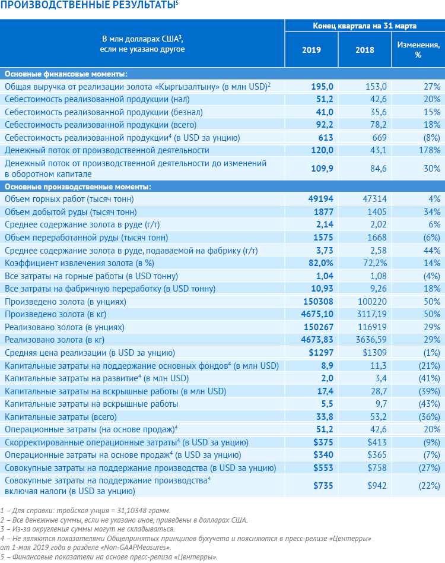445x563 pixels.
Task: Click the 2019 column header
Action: click(x=311, y=50)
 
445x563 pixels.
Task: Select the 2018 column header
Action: click(x=365, y=50)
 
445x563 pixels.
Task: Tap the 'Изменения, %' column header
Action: click(x=418, y=50)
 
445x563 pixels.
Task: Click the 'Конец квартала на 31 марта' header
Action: click(x=365, y=26)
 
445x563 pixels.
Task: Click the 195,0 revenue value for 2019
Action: click(x=322, y=87)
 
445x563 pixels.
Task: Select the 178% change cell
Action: click(x=430, y=150)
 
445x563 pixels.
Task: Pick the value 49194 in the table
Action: click(x=320, y=199)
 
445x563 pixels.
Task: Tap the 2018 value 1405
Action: click(x=377, y=212)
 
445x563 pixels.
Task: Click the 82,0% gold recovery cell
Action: click(x=320, y=263)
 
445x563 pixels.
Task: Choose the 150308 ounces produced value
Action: click(x=318, y=302)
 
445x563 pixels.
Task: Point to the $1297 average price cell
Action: click(x=321, y=353)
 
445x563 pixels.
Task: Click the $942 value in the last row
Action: click(x=377, y=486)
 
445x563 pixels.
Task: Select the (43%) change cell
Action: click(x=429, y=404)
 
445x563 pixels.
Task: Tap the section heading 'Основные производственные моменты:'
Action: click(x=78, y=186)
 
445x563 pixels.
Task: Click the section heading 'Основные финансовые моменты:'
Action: click(x=66, y=74)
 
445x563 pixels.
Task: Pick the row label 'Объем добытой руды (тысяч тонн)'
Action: click(x=71, y=212)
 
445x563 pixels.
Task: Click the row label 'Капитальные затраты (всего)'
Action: click(x=61, y=417)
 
